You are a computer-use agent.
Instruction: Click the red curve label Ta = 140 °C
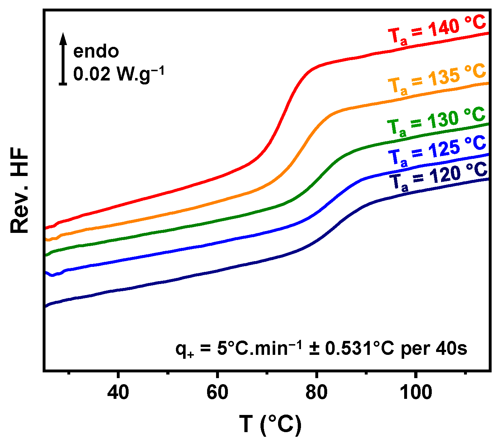[x=437, y=31]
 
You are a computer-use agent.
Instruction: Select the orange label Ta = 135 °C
[x=437, y=79]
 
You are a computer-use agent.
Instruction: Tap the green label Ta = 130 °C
[x=436, y=122]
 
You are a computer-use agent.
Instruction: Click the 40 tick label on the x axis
[x=118, y=392]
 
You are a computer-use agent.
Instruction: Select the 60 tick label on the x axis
[x=217, y=392]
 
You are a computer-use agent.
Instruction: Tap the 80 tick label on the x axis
[x=316, y=392]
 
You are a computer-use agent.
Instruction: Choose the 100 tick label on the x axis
[x=416, y=392]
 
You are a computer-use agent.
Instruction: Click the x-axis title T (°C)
[x=271, y=425]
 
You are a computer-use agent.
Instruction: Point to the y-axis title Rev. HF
[x=20, y=191]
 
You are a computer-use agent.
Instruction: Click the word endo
[x=96, y=52]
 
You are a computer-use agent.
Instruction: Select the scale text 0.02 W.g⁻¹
[x=119, y=74]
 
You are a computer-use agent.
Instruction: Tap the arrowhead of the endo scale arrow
[x=63, y=37]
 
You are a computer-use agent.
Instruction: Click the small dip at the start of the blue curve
[x=52, y=275]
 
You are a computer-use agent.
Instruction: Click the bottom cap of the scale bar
[x=63, y=84]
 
